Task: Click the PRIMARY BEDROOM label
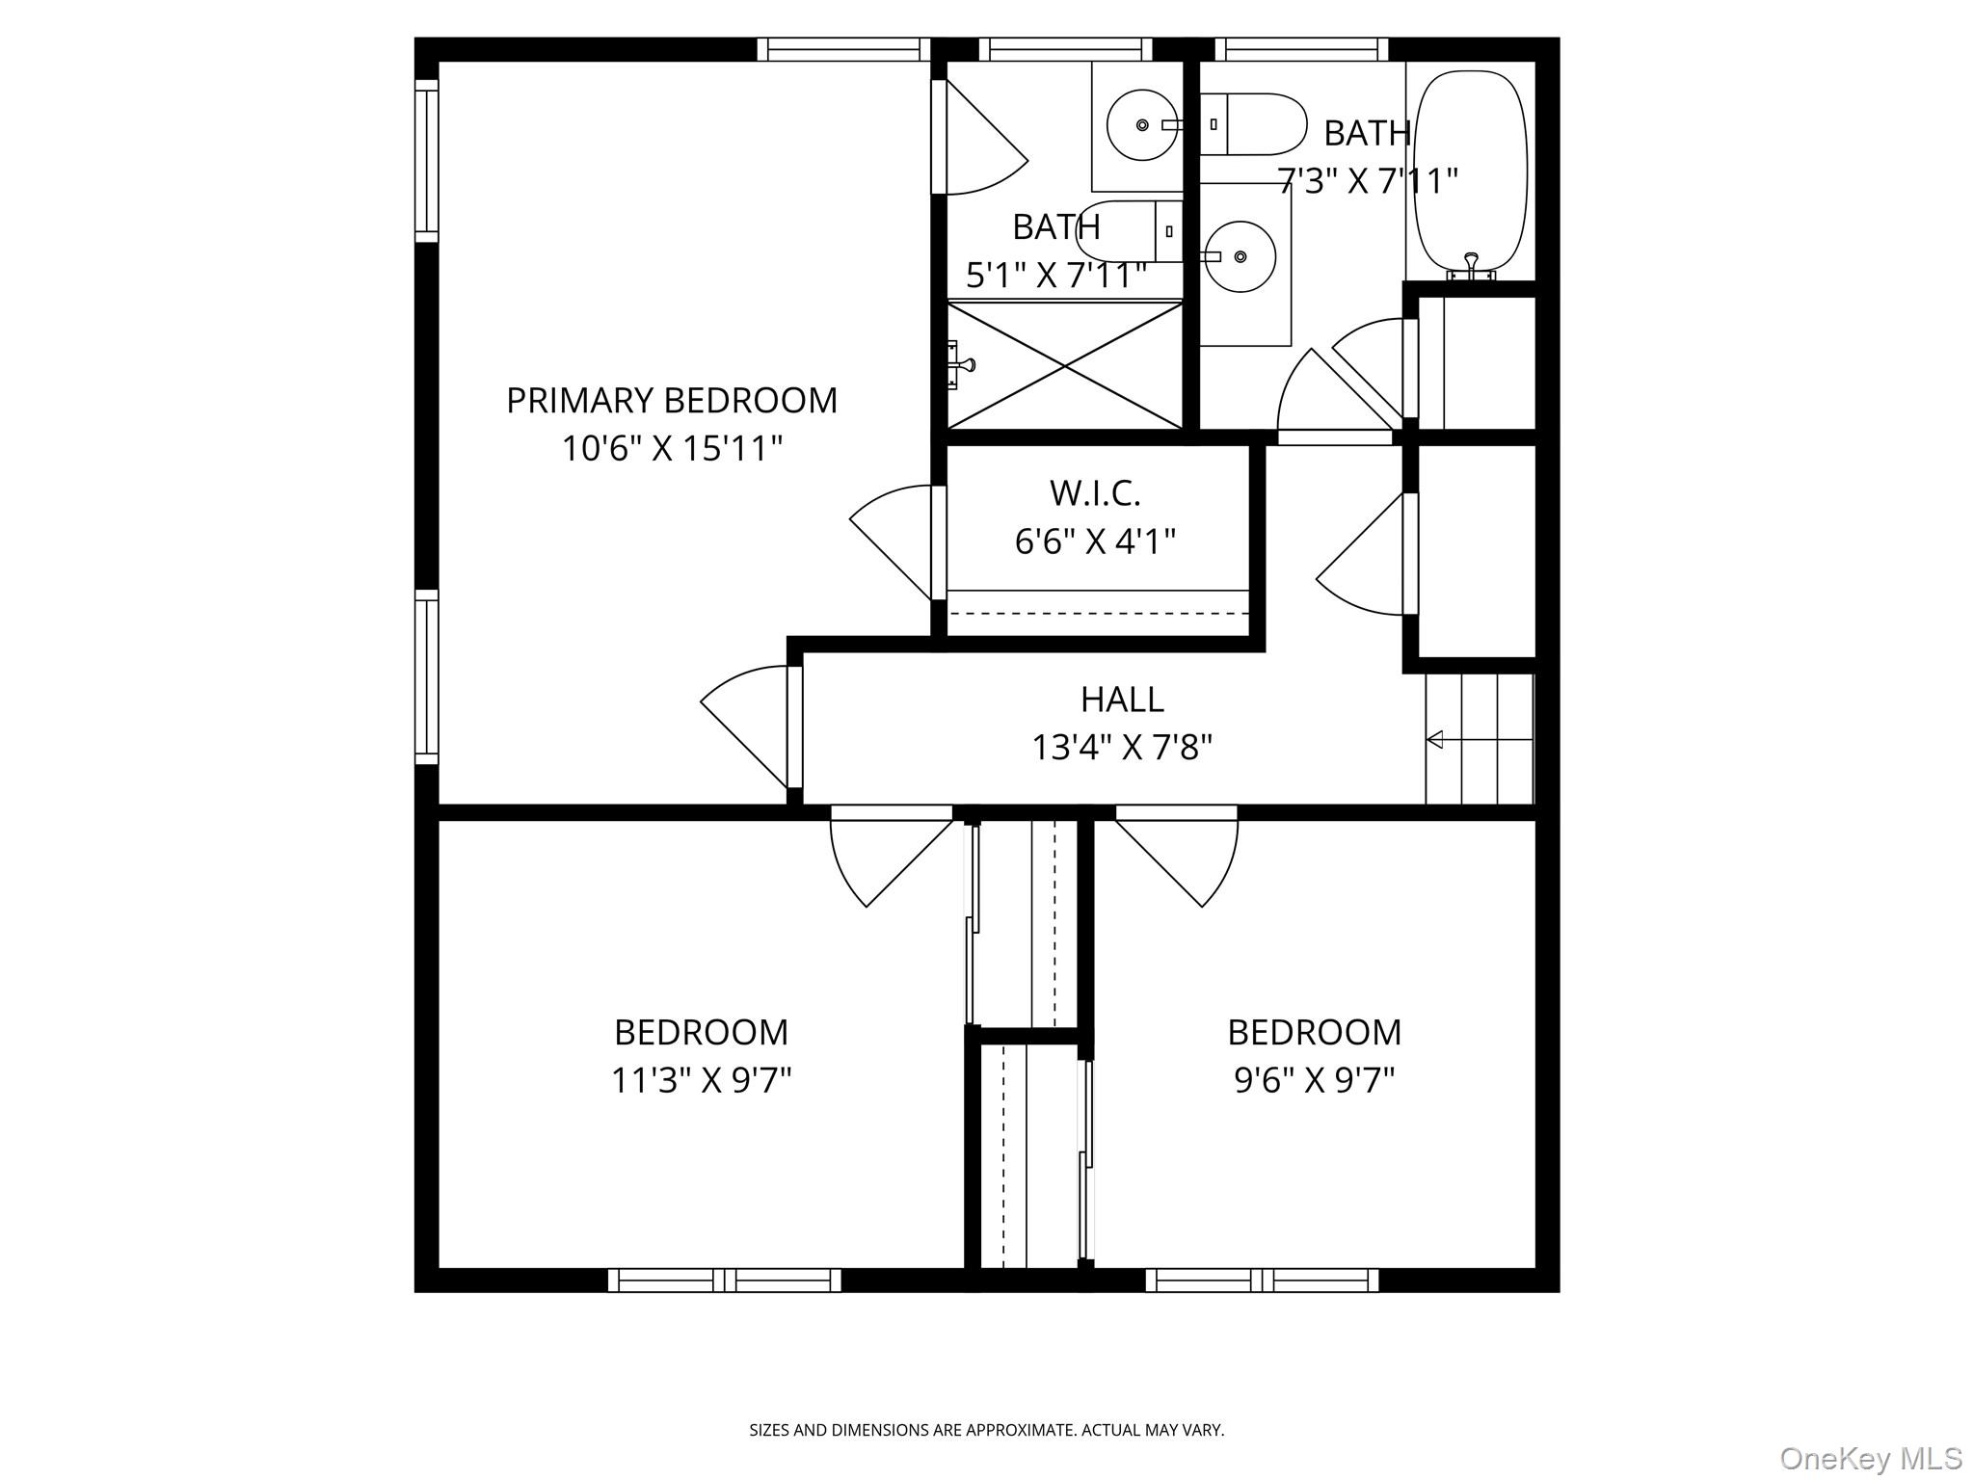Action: [672, 401]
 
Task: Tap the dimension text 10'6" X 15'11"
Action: [672, 449]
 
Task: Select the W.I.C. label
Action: [1095, 493]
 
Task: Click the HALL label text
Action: [1122, 700]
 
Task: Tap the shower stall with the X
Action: [1064, 365]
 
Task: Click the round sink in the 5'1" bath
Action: [1142, 125]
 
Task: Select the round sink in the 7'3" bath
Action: [1240, 256]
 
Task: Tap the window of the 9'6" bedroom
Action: [1263, 1280]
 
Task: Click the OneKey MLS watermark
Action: [1871, 1457]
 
